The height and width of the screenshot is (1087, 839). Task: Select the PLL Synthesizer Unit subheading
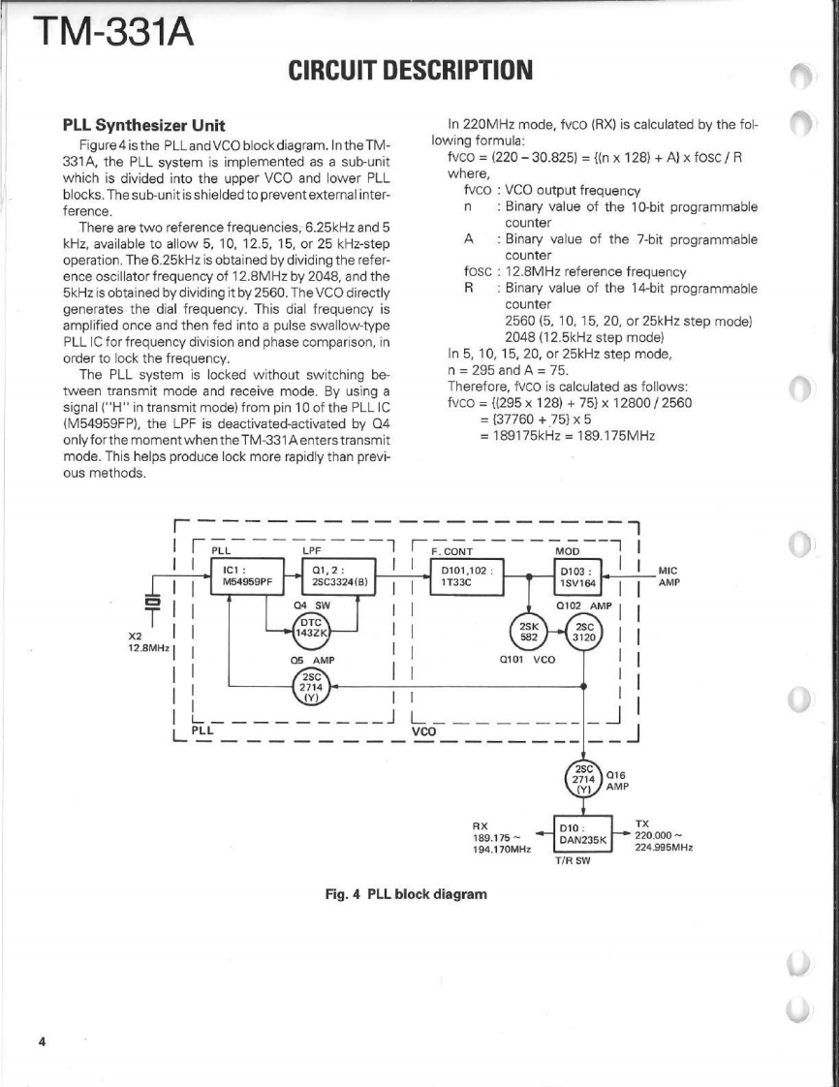click(x=144, y=125)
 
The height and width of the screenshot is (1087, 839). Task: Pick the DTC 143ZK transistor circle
click(x=312, y=626)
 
